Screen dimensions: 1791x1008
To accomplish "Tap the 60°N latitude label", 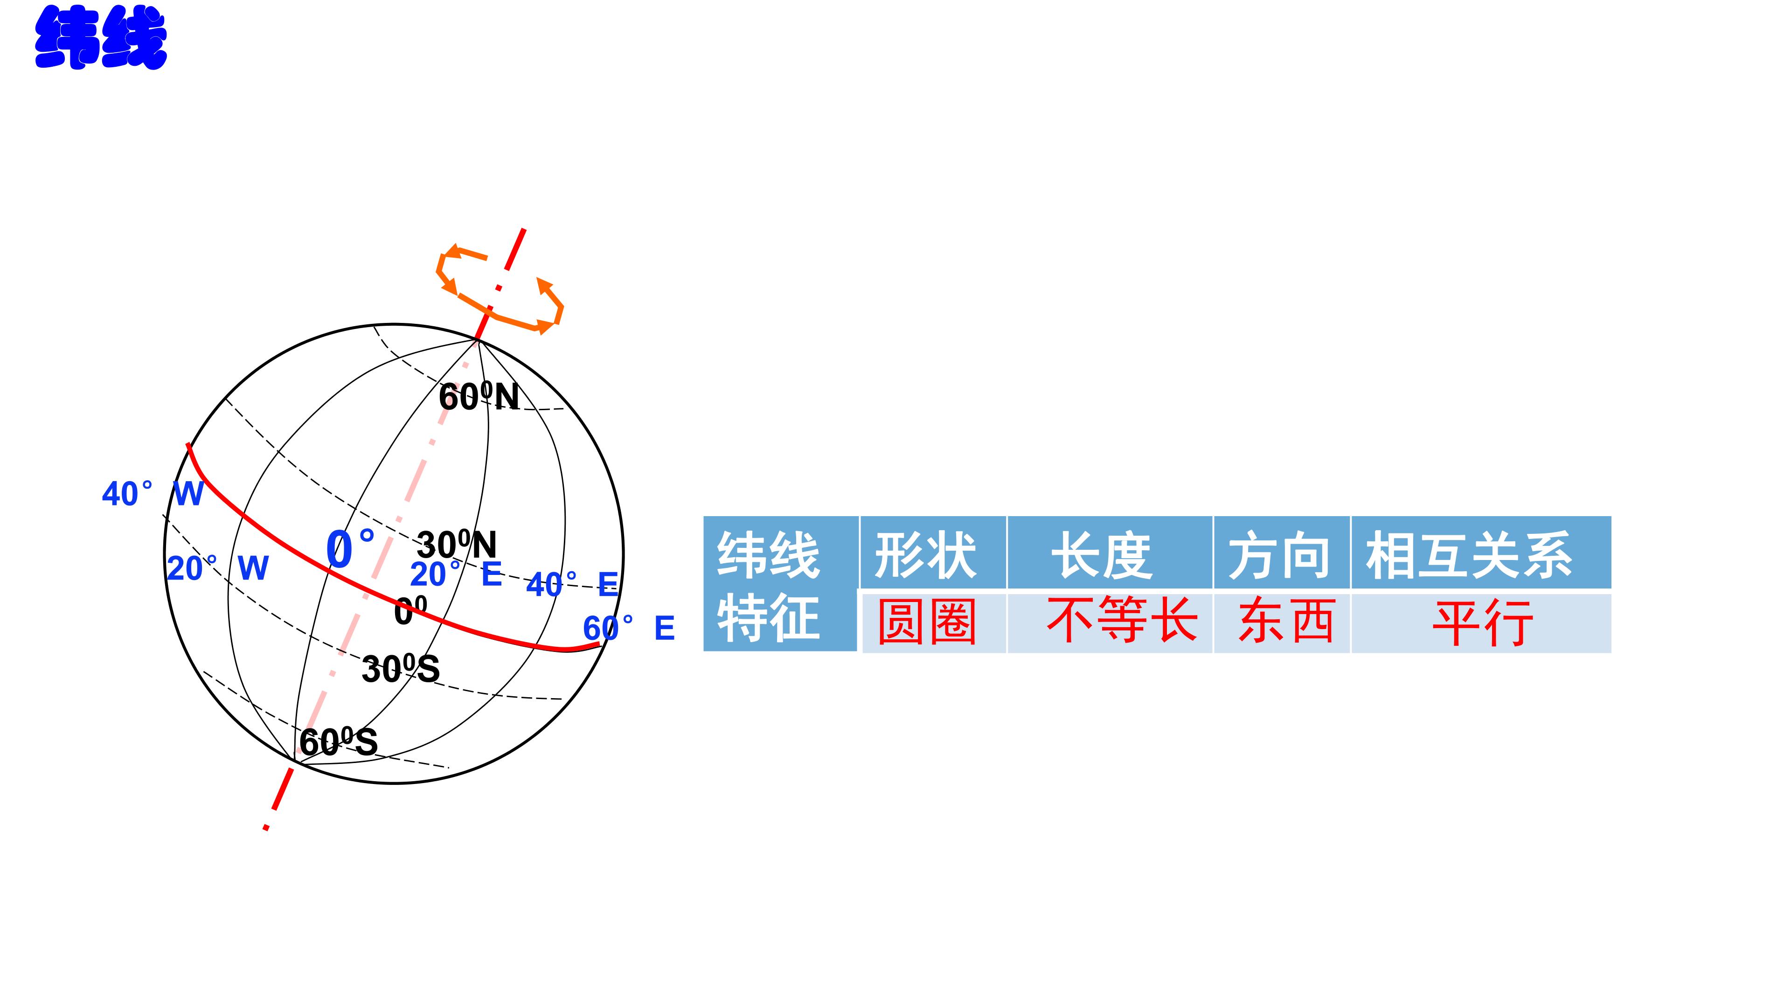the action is point(479,397).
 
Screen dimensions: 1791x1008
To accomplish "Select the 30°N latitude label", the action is point(457,545).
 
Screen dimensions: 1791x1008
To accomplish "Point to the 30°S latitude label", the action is point(401,669).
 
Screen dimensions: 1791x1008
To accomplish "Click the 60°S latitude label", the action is point(339,742).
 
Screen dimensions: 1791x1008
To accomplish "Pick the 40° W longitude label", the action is point(153,494).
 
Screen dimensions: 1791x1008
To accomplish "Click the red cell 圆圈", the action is point(927,621).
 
